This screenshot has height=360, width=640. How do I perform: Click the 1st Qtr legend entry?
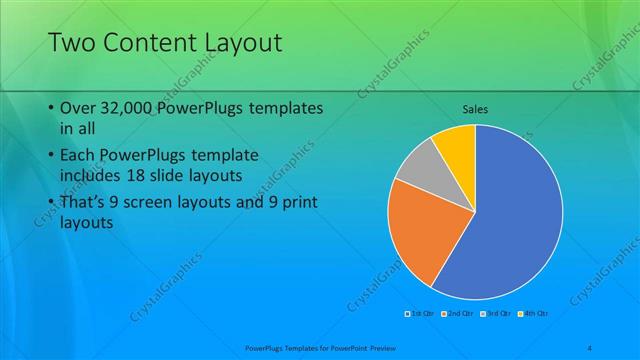[419, 314]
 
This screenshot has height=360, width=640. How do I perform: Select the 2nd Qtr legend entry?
[457, 314]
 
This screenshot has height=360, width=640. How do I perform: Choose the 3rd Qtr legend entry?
[495, 314]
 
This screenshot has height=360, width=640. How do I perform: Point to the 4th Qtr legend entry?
[533, 314]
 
